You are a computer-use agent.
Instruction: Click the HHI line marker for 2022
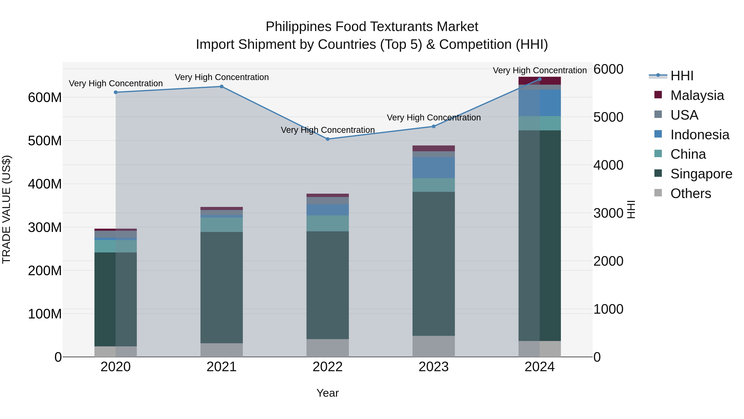(328, 139)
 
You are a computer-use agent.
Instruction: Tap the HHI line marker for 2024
(540, 79)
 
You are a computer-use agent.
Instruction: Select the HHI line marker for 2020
(116, 92)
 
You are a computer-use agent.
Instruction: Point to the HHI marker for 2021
(222, 86)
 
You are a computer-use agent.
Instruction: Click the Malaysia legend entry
(697, 95)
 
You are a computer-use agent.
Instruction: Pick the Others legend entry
(690, 193)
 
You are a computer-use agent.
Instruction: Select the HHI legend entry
(682, 76)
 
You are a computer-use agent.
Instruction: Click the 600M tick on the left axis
(45, 98)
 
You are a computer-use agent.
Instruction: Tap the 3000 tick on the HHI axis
(608, 213)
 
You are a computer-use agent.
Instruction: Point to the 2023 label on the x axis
(434, 367)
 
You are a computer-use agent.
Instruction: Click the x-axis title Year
(328, 393)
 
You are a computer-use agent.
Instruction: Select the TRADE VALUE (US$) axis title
(6, 209)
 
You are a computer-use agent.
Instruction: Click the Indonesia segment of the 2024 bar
(540, 103)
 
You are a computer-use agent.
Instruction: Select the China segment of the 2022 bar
(328, 223)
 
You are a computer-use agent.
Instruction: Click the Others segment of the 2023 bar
(434, 346)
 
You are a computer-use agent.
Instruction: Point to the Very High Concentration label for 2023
(434, 118)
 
